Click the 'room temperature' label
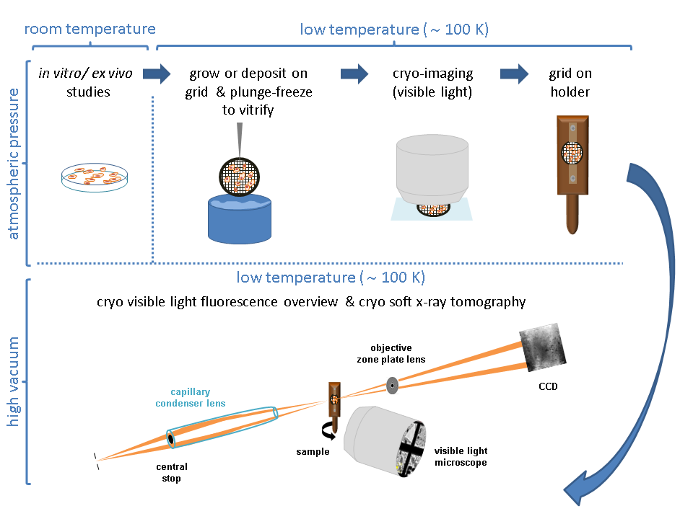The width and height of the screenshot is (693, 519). point(90,30)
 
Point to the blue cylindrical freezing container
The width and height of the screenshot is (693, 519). point(238,216)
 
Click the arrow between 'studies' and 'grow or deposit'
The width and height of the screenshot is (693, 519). point(156,73)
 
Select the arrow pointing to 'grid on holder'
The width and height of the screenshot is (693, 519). point(514,73)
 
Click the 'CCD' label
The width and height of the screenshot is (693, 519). point(547,387)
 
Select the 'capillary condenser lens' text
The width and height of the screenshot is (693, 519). point(190,398)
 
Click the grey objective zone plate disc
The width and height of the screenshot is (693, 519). point(392,385)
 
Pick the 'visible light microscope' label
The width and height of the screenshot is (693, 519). point(460,457)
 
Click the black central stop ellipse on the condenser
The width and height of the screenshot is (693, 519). point(170,438)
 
